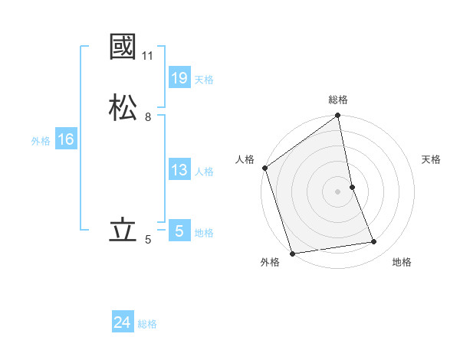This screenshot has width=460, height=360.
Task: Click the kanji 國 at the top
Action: pyautogui.click(x=123, y=47)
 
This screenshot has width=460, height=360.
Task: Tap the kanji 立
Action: pyautogui.click(x=123, y=231)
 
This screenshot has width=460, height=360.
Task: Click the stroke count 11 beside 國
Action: pyautogui.click(x=148, y=56)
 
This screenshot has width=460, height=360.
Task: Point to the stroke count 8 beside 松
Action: pyautogui.click(x=148, y=117)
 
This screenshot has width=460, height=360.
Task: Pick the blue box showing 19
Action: pyautogui.click(x=179, y=77)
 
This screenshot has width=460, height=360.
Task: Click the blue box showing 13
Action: pyautogui.click(x=179, y=170)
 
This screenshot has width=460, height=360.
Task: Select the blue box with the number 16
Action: pyautogui.click(x=65, y=139)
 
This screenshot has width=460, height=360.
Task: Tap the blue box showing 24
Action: pyautogui.click(x=123, y=322)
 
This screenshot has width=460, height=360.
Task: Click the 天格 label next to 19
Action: pyautogui.click(x=204, y=79)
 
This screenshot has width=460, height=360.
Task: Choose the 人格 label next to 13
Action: pyautogui.click(x=204, y=172)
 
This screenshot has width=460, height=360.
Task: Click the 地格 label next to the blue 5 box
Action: pyautogui.click(x=204, y=233)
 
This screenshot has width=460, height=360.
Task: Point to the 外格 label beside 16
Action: pyautogui.click(x=41, y=141)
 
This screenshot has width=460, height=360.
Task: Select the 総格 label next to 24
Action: pyautogui.click(x=147, y=324)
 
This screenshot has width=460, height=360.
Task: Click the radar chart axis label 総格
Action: pyautogui.click(x=338, y=100)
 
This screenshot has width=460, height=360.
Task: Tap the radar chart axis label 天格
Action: pyautogui.click(x=432, y=159)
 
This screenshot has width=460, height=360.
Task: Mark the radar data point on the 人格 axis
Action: pyautogui.click(x=264, y=168)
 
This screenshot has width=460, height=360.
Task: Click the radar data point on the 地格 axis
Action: pyautogui.click(x=374, y=242)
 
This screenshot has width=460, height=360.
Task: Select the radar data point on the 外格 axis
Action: pyautogui.click(x=291, y=254)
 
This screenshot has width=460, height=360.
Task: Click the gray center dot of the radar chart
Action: pyautogui.click(x=337, y=191)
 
